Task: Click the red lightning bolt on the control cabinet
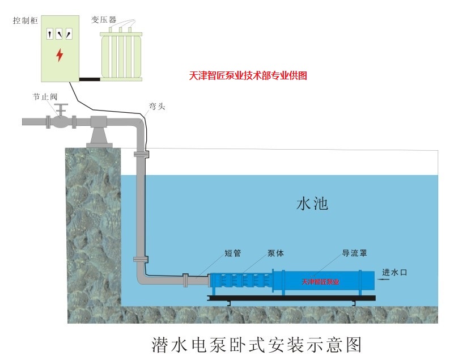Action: (x=60, y=55)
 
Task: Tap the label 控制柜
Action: (x=26, y=20)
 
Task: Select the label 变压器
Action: (x=104, y=20)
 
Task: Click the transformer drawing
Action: (x=121, y=54)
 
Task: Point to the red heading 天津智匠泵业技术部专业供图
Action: (x=248, y=75)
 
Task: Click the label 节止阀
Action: (x=45, y=96)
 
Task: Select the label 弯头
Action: (x=157, y=106)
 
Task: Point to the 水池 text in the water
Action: (x=312, y=204)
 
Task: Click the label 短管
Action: (x=232, y=253)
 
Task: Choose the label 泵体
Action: (x=276, y=253)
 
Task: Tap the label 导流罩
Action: (x=354, y=253)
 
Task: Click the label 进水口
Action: (x=394, y=272)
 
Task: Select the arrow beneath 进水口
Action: (x=384, y=279)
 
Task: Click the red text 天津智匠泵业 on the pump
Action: (x=320, y=282)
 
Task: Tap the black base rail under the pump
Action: (x=291, y=298)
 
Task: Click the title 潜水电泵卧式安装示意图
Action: (x=257, y=345)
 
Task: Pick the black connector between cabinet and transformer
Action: (x=90, y=79)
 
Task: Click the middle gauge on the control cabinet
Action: (x=59, y=33)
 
